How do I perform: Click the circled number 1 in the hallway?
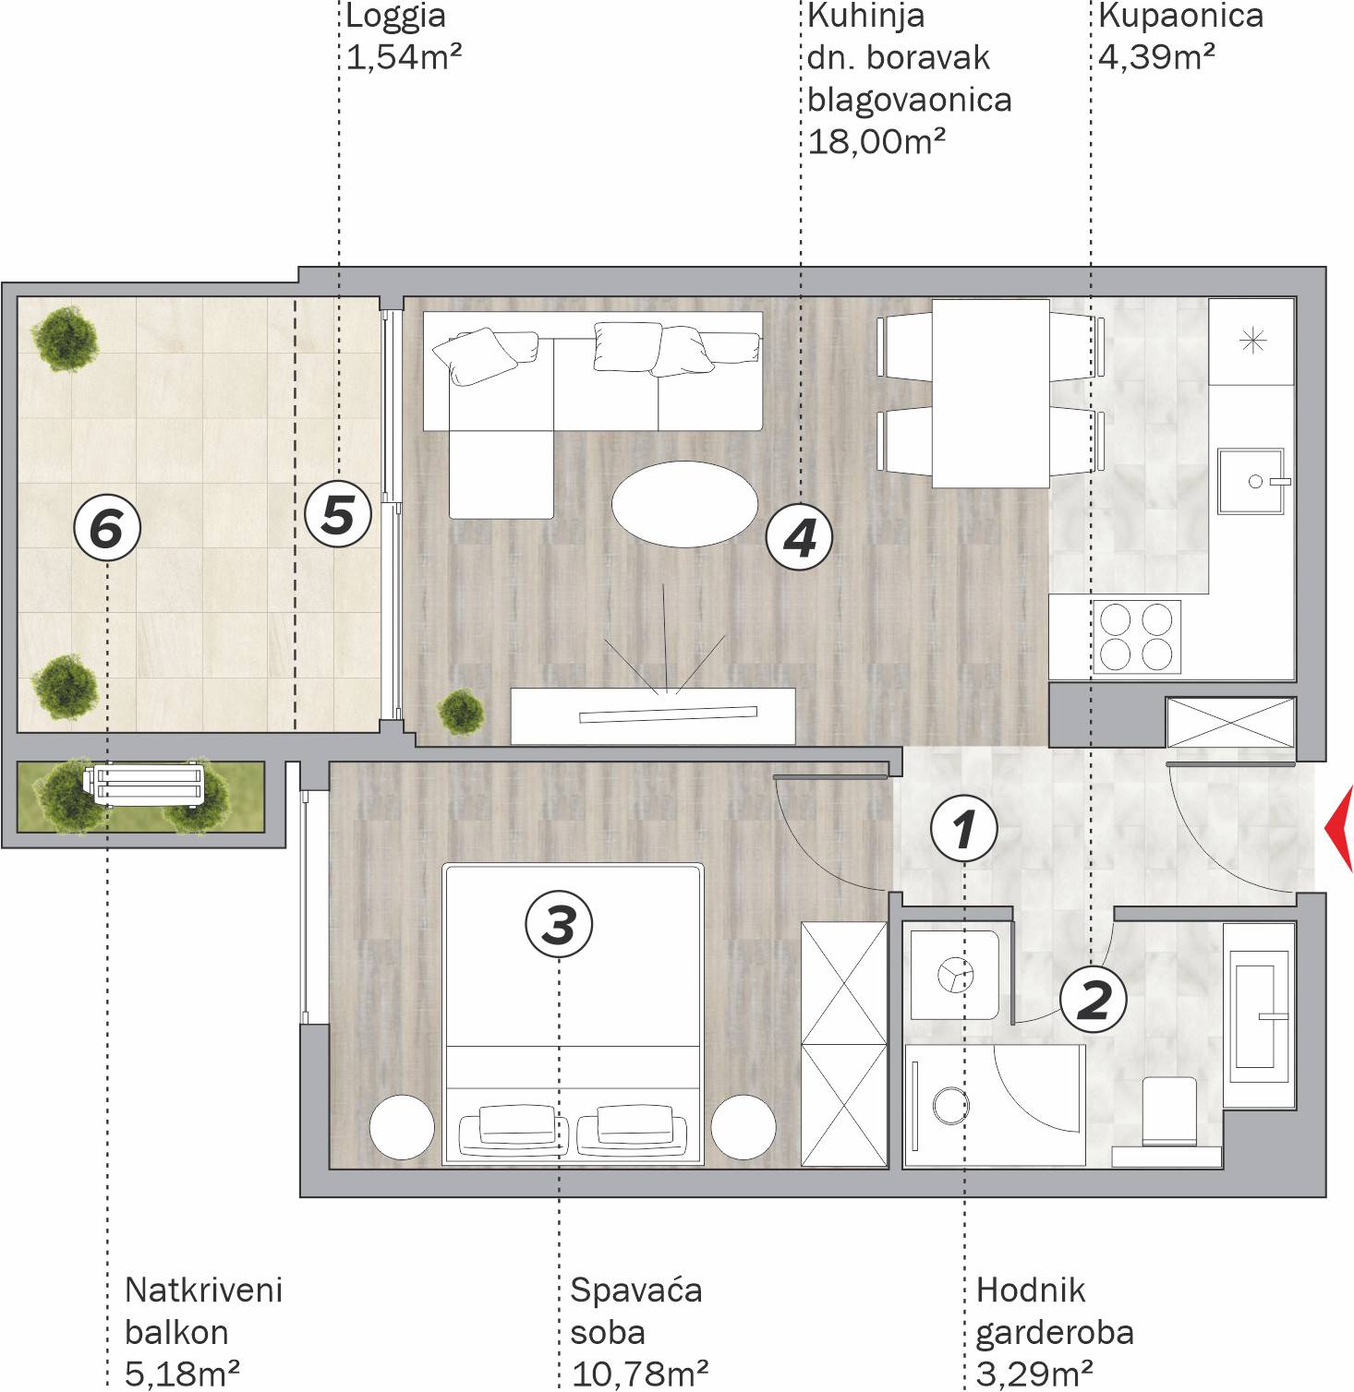(964, 828)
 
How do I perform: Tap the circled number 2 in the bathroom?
(1094, 999)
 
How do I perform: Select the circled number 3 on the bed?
(559, 924)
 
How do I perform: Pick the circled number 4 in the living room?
(800, 536)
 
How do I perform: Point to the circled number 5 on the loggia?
(338, 513)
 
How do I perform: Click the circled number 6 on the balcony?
(107, 529)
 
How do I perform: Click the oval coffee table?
(684, 504)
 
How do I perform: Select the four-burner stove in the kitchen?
(1137, 637)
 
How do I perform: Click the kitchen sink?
(1251, 480)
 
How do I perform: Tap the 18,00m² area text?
(876, 141)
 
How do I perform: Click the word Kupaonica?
(1180, 16)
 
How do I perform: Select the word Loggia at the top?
(395, 16)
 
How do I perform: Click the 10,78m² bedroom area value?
(640, 1374)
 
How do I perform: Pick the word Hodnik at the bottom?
(1031, 1290)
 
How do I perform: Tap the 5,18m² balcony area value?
(182, 1374)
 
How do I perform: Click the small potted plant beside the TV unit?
(460, 711)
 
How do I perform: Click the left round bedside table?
(402, 1127)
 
